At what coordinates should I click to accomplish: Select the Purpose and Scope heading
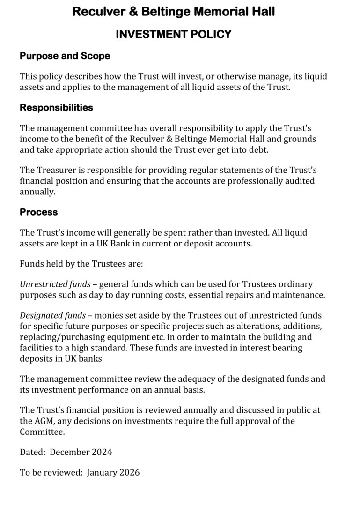tap(65, 56)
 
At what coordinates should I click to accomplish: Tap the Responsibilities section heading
tap(56, 107)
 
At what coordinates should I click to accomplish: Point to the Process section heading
tap(38, 212)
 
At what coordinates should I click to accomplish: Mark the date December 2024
tap(81, 452)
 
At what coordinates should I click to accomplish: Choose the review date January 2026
tap(113, 472)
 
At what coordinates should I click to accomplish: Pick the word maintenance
tap(299, 295)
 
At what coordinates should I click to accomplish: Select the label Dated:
tap(33, 452)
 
